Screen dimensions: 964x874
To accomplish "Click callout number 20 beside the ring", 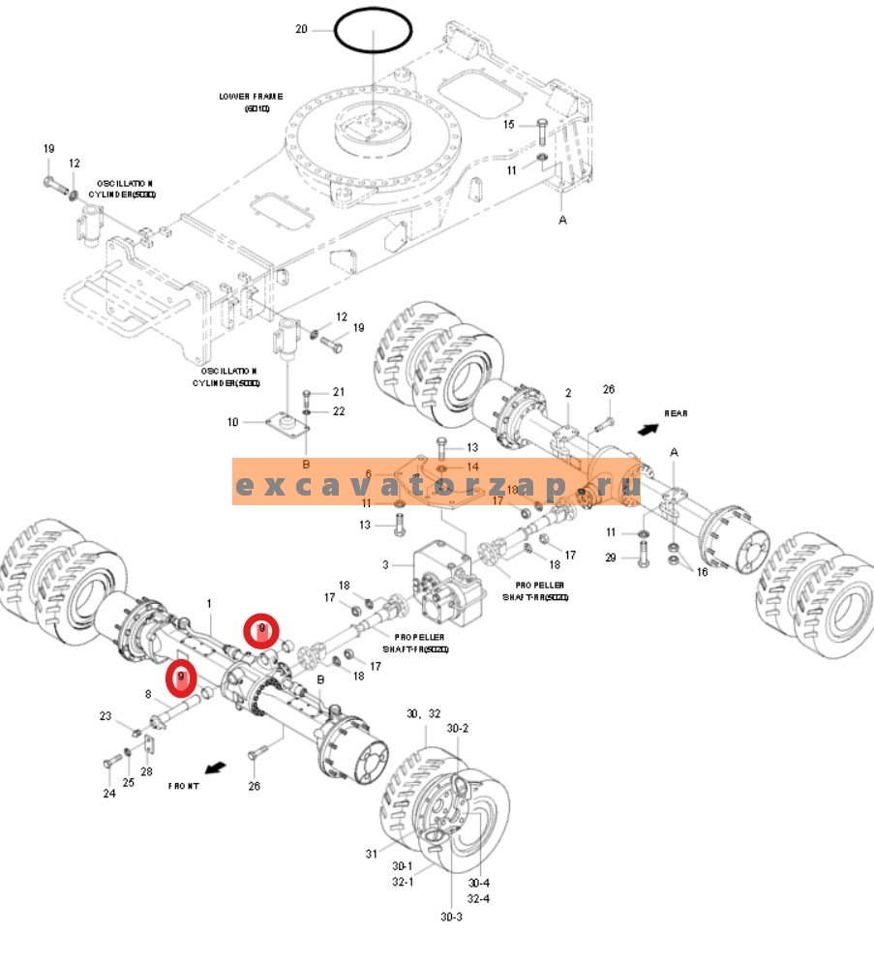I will [x=301, y=30].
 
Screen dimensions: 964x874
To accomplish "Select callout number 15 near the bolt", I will [x=509, y=124].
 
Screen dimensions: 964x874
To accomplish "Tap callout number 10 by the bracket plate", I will [x=233, y=422].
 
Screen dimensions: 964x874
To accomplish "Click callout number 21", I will [x=339, y=392].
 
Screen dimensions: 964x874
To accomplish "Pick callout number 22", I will [x=339, y=411].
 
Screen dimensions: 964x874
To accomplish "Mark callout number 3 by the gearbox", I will [x=385, y=564].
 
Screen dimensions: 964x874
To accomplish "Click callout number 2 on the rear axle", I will [x=568, y=393].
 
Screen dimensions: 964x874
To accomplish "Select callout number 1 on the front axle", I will [x=209, y=604].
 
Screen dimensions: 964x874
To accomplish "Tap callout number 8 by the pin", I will [x=149, y=694].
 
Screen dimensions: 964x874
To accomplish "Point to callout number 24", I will [x=109, y=794].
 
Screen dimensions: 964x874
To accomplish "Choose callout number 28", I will [x=147, y=771].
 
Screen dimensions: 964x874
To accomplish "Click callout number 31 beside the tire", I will [x=371, y=853].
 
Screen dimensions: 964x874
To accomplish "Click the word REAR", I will [x=675, y=413].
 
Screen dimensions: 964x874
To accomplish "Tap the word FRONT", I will [x=183, y=786].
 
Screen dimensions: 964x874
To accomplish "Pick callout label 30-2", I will [x=458, y=728].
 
